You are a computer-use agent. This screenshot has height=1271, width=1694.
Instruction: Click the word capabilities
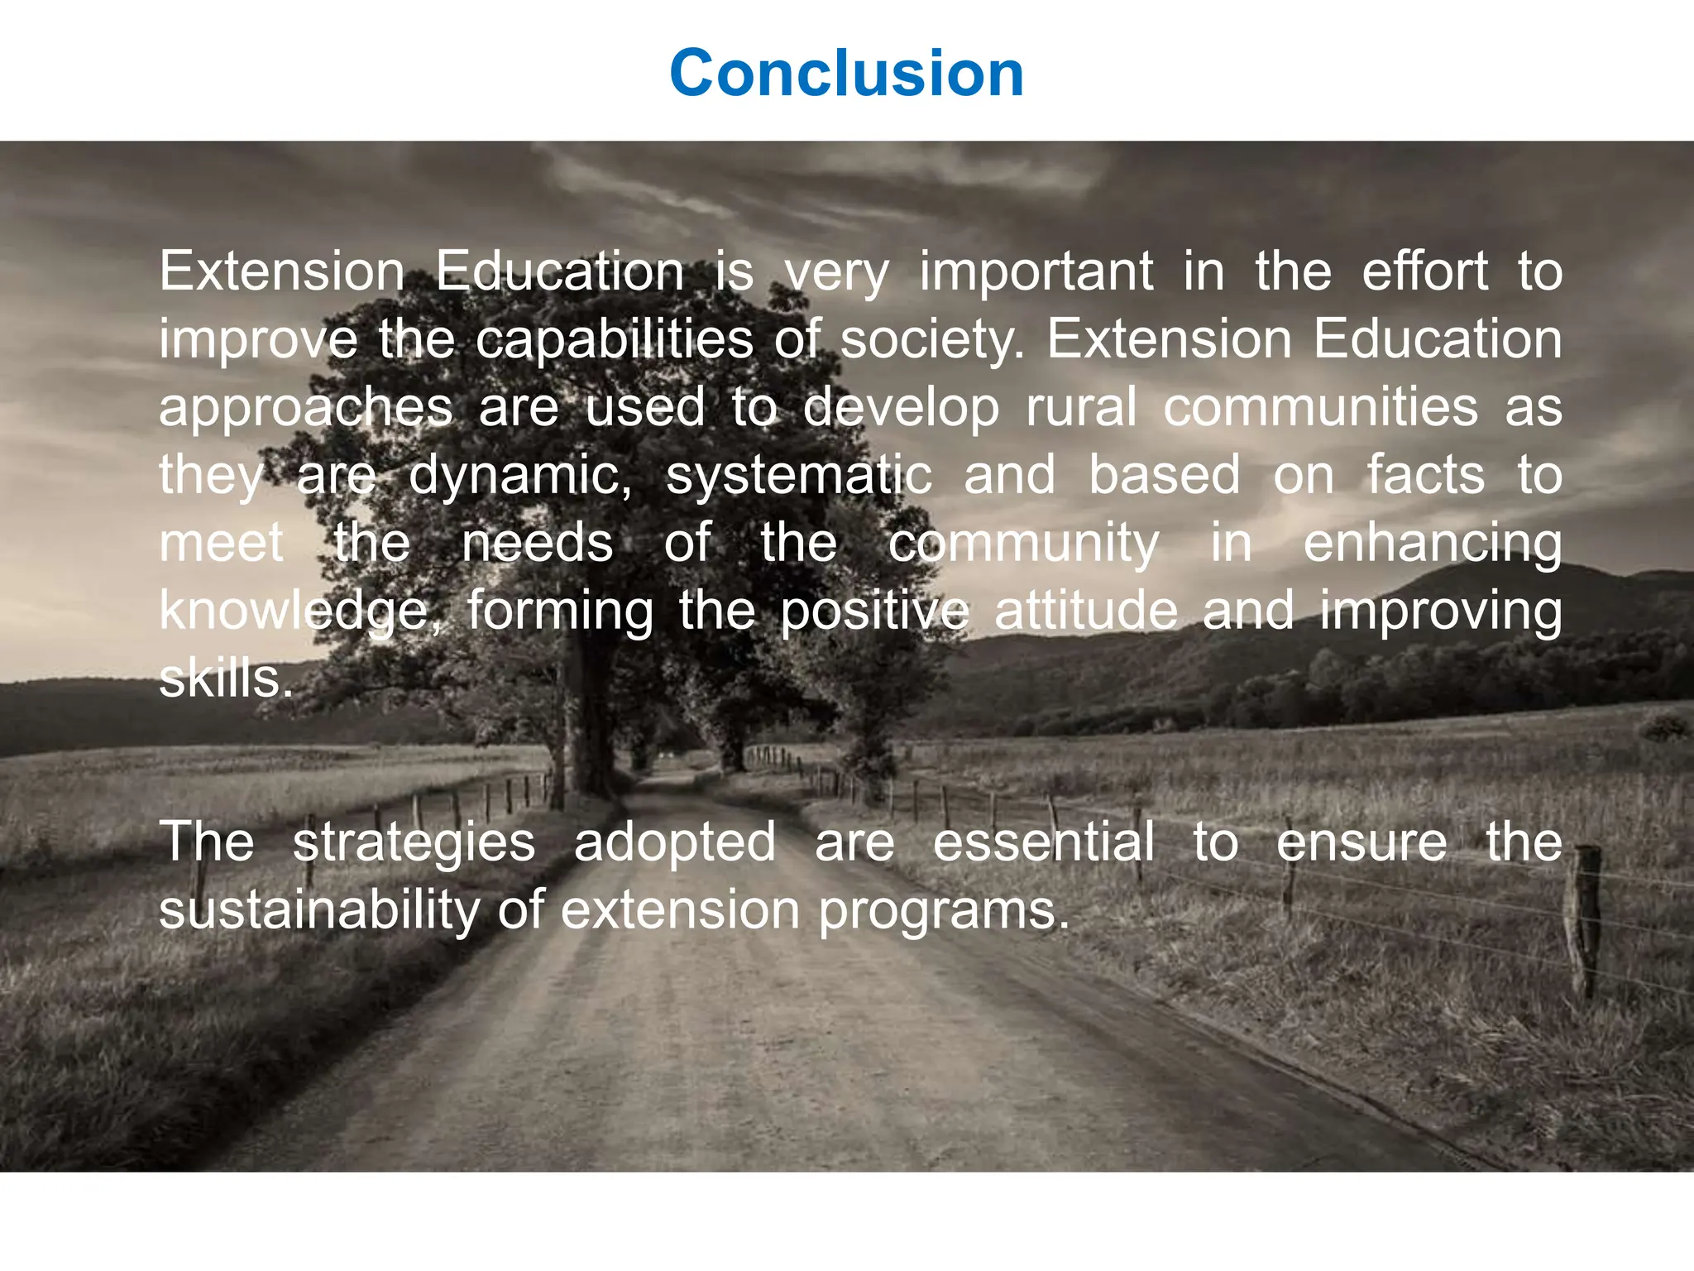614,340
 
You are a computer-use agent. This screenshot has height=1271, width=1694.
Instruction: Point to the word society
931,340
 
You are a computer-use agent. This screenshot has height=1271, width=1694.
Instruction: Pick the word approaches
306,408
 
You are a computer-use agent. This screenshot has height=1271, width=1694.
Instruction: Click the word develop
901,408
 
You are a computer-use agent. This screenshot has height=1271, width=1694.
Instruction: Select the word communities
1320,408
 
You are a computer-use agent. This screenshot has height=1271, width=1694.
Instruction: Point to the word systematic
799,476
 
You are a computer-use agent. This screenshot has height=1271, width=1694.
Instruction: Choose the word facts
1424,476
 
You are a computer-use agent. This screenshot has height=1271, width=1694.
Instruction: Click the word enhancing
1433,544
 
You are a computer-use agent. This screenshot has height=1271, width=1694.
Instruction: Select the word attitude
1085,611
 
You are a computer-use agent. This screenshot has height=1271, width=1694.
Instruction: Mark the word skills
226,679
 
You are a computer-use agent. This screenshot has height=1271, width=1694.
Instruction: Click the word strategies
414,843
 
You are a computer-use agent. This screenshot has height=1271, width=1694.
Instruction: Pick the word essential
1044,842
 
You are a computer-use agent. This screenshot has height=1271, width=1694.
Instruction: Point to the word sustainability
318,910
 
